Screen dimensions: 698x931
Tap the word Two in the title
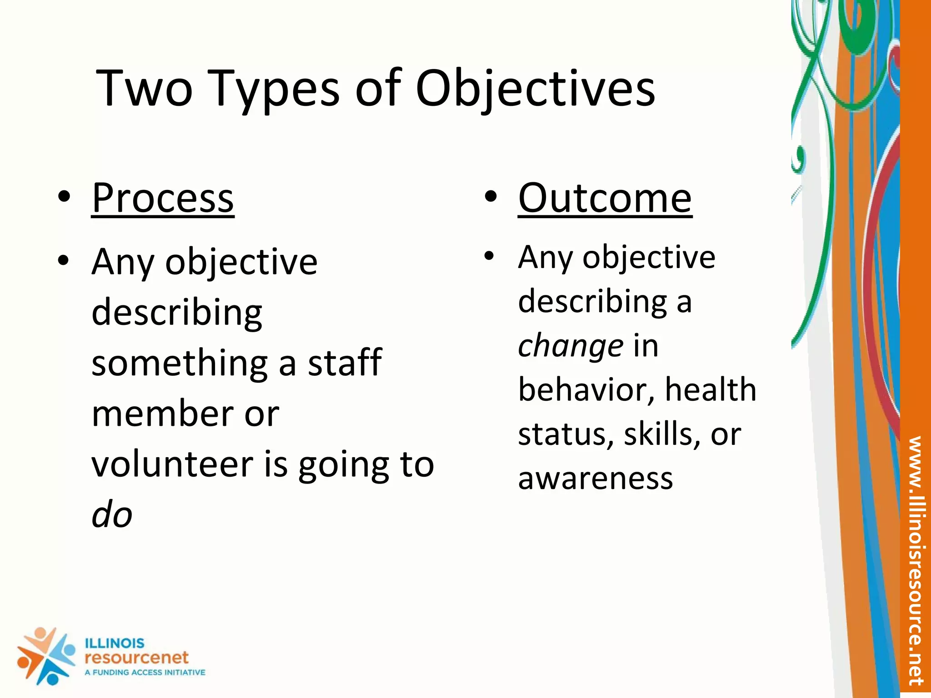[145, 89]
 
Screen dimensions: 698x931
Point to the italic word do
[112, 515]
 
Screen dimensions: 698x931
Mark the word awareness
[595, 479]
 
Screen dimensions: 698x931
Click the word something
[180, 364]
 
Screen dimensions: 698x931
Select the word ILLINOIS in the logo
[115, 643]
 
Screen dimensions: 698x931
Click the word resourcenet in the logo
[136, 658]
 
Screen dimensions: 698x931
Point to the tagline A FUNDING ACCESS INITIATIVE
[145, 673]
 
